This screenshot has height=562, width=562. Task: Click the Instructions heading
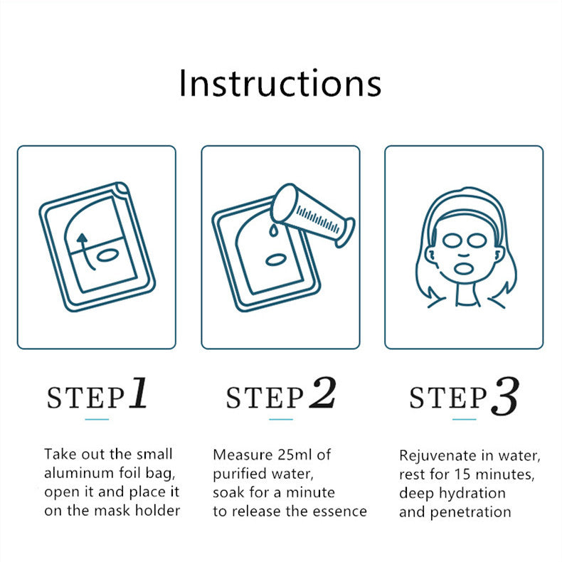tap(280, 83)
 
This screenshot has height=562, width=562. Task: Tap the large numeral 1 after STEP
tap(138, 393)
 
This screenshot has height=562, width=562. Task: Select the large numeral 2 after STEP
tap(322, 393)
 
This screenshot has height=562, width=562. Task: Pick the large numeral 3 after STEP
tap(506, 396)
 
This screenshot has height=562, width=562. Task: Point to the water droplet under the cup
tap(273, 230)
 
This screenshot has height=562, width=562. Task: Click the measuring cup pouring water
tap(312, 215)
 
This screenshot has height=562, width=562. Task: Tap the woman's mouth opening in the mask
tap(464, 267)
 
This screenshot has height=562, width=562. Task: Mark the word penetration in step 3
tap(471, 512)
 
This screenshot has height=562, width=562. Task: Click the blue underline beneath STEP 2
tap(281, 419)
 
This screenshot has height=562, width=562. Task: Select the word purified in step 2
tap(235, 474)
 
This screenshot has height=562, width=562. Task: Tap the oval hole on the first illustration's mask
tap(107, 255)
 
